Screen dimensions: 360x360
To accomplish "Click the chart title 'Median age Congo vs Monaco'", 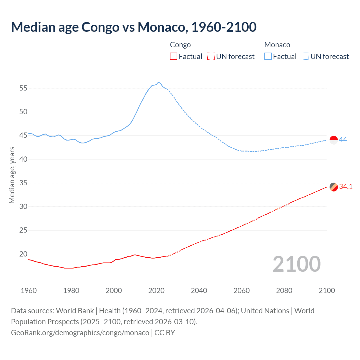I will point(134,27).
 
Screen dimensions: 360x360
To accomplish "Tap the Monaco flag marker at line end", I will point(334,140).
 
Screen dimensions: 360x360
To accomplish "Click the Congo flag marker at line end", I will point(334,187).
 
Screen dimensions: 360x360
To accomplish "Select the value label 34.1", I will point(346,187).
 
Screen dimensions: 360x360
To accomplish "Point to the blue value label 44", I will point(343,139).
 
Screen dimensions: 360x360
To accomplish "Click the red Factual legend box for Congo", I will point(174,57).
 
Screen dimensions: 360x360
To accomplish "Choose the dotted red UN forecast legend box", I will point(211,57).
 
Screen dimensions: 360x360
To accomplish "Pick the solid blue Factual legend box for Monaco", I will point(268,57).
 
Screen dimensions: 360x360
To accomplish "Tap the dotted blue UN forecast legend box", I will point(305,57).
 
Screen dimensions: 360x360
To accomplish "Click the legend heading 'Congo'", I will point(180,45).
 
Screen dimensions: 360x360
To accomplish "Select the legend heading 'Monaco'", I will point(277,45).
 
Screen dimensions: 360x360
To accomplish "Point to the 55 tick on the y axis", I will point(23,88).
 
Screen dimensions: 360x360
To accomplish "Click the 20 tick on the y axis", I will point(23,254).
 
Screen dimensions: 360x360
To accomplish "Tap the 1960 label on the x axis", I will point(29,291).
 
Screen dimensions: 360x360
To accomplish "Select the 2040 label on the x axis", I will point(199,291).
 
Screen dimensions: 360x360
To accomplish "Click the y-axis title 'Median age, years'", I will point(12,175).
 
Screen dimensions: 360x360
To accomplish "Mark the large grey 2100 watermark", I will point(296,264).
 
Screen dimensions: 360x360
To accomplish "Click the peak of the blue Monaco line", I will point(158,82).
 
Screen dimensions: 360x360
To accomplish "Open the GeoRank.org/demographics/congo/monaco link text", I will point(80,333).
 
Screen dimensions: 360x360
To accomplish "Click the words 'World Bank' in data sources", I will point(75,311).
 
